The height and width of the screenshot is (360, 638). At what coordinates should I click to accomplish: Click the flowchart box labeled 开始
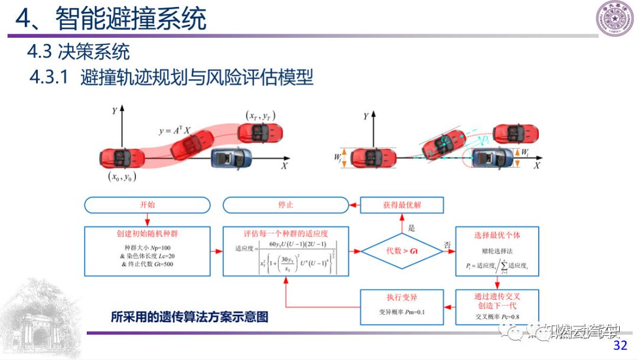click(x=147, y=205)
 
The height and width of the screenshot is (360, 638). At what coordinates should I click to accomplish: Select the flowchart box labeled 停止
click(x=285, y=205)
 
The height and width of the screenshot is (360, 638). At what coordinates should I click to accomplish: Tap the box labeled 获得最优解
click(x=402, y=205)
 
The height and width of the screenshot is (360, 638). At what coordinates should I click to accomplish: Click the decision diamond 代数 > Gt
click(x=402, y=251)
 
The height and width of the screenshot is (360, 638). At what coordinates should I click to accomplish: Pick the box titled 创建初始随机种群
click(x=147, y=251)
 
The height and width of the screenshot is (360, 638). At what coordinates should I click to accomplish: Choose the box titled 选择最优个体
click(x=497, y=251)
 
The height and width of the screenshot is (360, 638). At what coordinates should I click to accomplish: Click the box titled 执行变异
click(x=402, y=306)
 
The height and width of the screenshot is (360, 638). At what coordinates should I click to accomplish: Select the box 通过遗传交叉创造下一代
click(x=497, y=306)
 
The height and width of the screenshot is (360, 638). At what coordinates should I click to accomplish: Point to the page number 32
click(x=620, y=345)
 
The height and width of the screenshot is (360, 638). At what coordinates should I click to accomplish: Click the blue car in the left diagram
click(x=232, y=158)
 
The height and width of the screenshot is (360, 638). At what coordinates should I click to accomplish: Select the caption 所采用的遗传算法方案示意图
click(x=189, y=317)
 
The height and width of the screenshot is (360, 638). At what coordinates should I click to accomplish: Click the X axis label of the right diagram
click(x=536, y=166)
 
